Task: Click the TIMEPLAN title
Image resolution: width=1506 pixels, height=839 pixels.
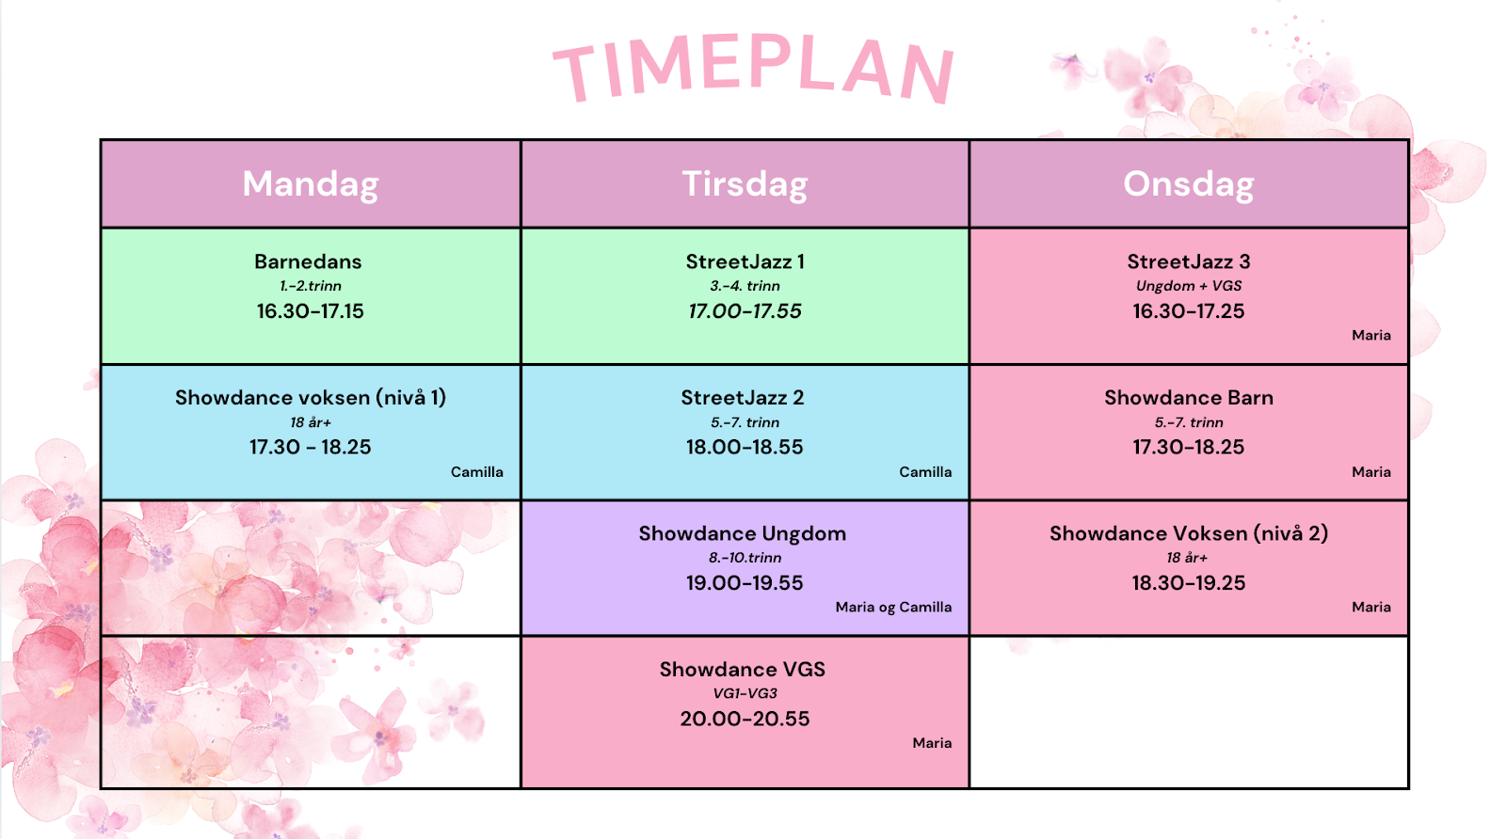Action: (x=754, y=70)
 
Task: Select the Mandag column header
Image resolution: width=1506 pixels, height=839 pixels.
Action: (x=310, y=184)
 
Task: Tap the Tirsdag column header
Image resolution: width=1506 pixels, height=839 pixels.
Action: (x=745, y=183)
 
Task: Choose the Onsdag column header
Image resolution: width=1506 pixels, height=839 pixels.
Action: (x=1188, y=183)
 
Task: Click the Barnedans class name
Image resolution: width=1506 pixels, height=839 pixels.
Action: (x=308, y=261)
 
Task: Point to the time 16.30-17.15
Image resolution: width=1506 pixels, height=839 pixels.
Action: (x=310, y=311)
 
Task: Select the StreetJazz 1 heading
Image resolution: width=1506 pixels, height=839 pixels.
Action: (x=745, y=261)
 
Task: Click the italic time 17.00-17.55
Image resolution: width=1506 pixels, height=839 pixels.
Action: (x=745, y=311)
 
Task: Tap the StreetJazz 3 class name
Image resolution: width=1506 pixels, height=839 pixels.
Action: (x=1188, y=261)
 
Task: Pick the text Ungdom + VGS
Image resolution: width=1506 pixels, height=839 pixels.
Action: (x=1188, y=286)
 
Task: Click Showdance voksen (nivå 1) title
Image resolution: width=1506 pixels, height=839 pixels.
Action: (x=311, y=398)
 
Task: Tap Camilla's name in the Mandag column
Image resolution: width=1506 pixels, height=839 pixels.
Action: (x=476, y=471)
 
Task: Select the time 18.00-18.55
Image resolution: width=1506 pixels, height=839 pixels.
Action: (x=745, y=447)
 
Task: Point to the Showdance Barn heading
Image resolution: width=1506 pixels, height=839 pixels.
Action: (x=1188, y=398)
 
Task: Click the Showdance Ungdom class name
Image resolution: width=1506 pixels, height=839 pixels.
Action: (x=743, y=533)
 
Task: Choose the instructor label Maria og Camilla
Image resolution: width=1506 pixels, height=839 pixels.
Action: (x=893, y=608)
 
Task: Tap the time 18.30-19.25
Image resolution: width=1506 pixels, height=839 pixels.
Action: (x=1188, y=582)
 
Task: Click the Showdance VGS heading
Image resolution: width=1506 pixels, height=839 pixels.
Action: (x=743, y=669)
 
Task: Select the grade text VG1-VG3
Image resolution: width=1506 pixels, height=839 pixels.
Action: (x=745, y=693)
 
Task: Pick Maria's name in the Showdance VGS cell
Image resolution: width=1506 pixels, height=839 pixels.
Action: (x=932, y=743)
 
